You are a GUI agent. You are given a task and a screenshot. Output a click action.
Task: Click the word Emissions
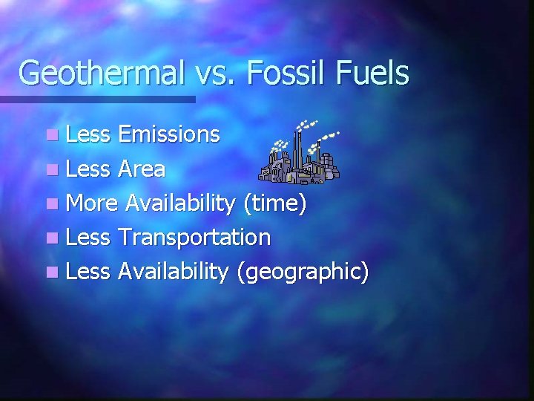[169, 134]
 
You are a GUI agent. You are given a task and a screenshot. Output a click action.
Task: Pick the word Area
[141, 169]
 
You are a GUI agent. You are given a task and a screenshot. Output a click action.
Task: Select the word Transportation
[194, 238]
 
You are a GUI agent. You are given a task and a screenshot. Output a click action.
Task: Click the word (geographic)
[302, 273]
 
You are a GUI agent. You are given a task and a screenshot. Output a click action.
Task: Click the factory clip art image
[300, 151]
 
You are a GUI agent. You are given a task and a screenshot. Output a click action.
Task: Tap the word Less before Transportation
[88, 238]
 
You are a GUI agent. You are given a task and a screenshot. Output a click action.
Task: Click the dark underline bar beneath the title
[96, 99]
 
